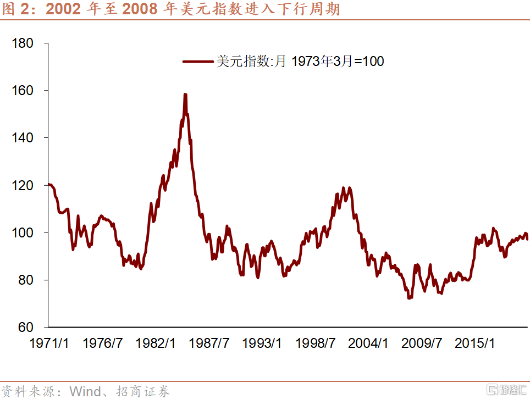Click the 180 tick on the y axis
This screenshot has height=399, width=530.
click(24, 43)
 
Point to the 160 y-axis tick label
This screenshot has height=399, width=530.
click(24, 90)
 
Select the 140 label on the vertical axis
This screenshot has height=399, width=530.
click(24, 137)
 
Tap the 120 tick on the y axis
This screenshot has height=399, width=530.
click(24, 185)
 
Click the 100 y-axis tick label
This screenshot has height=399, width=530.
click(24, 232)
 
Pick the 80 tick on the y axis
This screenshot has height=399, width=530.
click(27, 280)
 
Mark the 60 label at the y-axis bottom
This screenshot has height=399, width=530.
click(27, 328)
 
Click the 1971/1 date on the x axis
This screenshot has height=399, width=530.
click(49, 343)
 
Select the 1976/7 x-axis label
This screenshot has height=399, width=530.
click(103, 343)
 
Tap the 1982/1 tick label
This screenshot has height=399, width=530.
click(156, 343)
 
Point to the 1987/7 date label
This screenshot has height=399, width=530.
click(209, 343)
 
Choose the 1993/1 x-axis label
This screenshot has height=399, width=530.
click(263, 343)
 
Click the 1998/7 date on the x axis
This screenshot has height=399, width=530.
click(316, 343)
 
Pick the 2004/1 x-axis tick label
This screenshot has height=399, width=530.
click(369, 343)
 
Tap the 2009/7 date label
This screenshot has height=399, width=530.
click(422, 343)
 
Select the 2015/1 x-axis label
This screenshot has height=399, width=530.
click(476, 343)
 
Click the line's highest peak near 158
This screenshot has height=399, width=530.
click(185, 95)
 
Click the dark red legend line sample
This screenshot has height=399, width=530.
click(198, 62)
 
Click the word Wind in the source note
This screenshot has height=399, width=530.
click(85, 391)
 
